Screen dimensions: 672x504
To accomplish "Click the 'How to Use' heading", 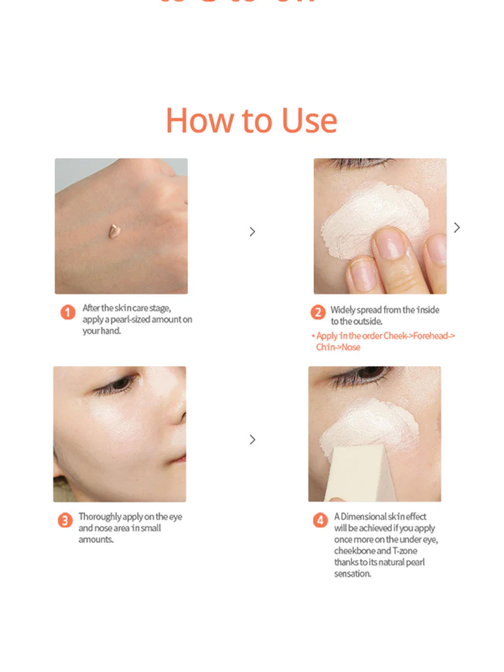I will click(x=251, y=121).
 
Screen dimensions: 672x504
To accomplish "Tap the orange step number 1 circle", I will click(x=68, y=312).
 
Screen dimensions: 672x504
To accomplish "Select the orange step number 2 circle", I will click(x=318, y=312).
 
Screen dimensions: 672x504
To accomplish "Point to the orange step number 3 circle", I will click(x=65, y=520).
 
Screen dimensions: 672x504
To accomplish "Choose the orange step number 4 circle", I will click(x=320, y=520).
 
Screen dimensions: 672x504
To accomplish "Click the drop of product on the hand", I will click(x=114, y=231).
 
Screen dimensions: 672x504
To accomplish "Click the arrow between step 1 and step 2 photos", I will click(x=252, y=232).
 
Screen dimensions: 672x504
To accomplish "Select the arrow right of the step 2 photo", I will click(x=457, y=228).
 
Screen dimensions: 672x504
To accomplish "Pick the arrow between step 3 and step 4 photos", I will click(x=252, y=440).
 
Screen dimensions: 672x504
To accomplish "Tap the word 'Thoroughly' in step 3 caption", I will click(x=100, y=517).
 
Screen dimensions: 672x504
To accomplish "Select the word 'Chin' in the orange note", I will click(x=324, y=347).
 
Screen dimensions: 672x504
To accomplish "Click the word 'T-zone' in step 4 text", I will click(x=405, y=551).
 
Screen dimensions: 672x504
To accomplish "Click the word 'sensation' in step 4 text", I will click(x=352, y=574).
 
